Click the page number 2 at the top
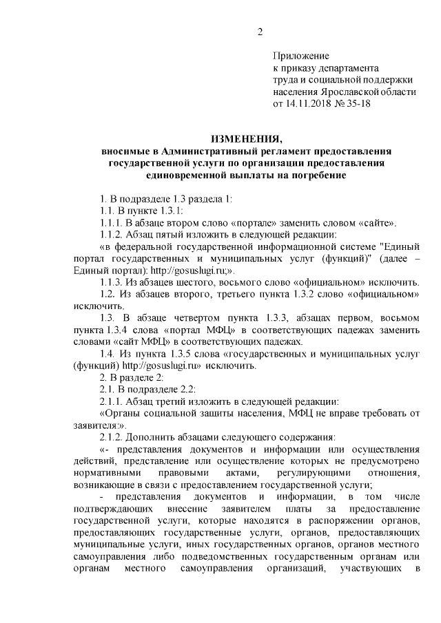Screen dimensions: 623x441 260,31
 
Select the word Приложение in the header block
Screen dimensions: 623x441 301,55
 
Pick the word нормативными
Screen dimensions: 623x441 105,475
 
